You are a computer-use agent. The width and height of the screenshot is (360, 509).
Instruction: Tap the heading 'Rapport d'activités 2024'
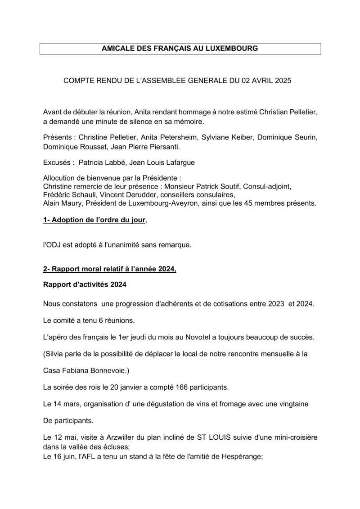pos(85,285)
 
